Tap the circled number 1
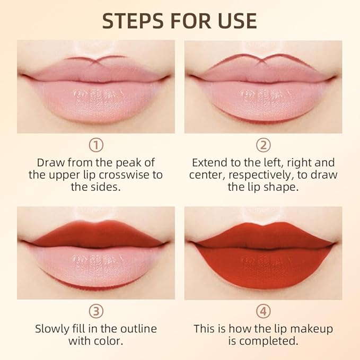coord(95,145)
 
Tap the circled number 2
coord(263,145)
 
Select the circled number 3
coord(95,311)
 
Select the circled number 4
coord(263,311)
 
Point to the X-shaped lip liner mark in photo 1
coord(95,61)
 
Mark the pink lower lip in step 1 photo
coord(95,98)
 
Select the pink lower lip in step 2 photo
coord(263,98)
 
